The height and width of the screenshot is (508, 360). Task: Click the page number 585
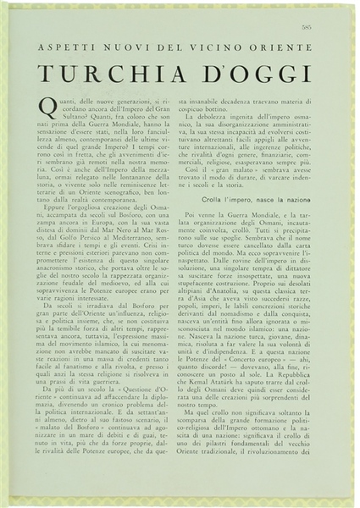(x=330, y=28)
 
